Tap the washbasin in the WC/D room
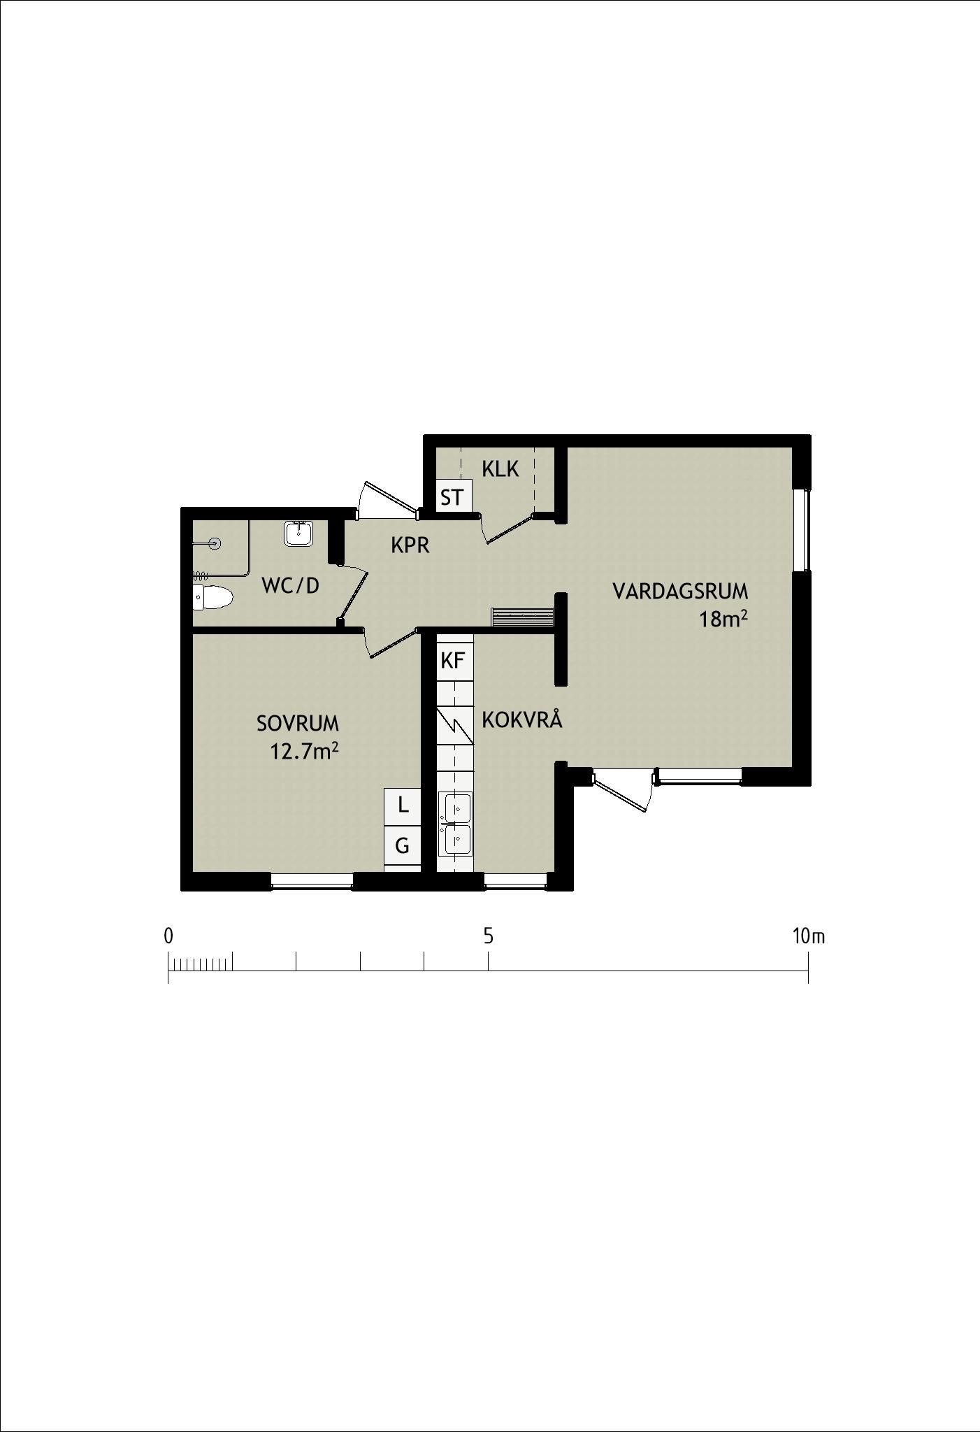click(x=299, y=534)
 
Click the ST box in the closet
click(x=452, y=497)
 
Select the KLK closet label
click(x=500, y=469)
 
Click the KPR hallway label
click(x=410, y=545)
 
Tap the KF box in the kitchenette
click(x=453, y=660)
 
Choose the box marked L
click(x=403, y=805)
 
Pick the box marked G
click(x=403, y=846)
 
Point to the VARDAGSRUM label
click(x=680, y=592)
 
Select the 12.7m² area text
click(x=305, y=752)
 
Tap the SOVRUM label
click(x=298, y=723)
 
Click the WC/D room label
click(x=290, y=585)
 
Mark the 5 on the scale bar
click(x=488, y=936)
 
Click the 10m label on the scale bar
click(x=809, y=936)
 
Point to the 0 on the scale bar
click(x=168, y=936)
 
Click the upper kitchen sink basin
click(x=455, y=809)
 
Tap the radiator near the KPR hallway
click(x=524, y=617)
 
